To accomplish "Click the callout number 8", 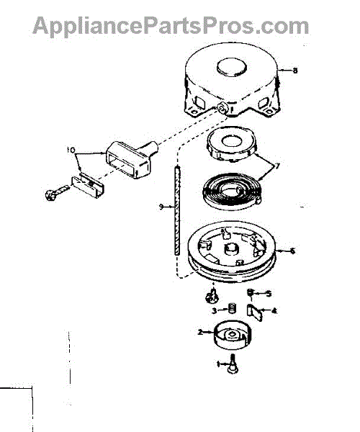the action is tap(295, 71).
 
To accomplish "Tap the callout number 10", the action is tap(71, 150).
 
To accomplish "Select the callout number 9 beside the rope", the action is tap(161, 207).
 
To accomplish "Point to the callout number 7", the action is tap(278, 166).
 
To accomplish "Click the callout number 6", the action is tap(292, 251).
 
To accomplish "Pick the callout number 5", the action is tap(269, 294).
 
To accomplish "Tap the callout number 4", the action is tap(274, 311).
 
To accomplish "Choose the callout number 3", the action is tap(215, 311).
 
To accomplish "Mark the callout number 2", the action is tap(200, 332).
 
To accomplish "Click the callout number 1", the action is tap(219, 364).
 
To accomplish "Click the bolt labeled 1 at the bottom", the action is tap(233, 364).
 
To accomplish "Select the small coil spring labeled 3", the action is tap(233, 307).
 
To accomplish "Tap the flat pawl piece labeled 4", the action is tap(255, 312).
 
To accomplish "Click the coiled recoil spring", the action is tap(231, 193).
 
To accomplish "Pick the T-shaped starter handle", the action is tap(131, 158).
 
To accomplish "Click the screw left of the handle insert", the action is tap(56, 192).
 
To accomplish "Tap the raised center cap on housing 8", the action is tap(232, 67).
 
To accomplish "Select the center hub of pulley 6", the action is tap(230, 248).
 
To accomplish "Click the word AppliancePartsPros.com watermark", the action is tap(171, 26).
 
